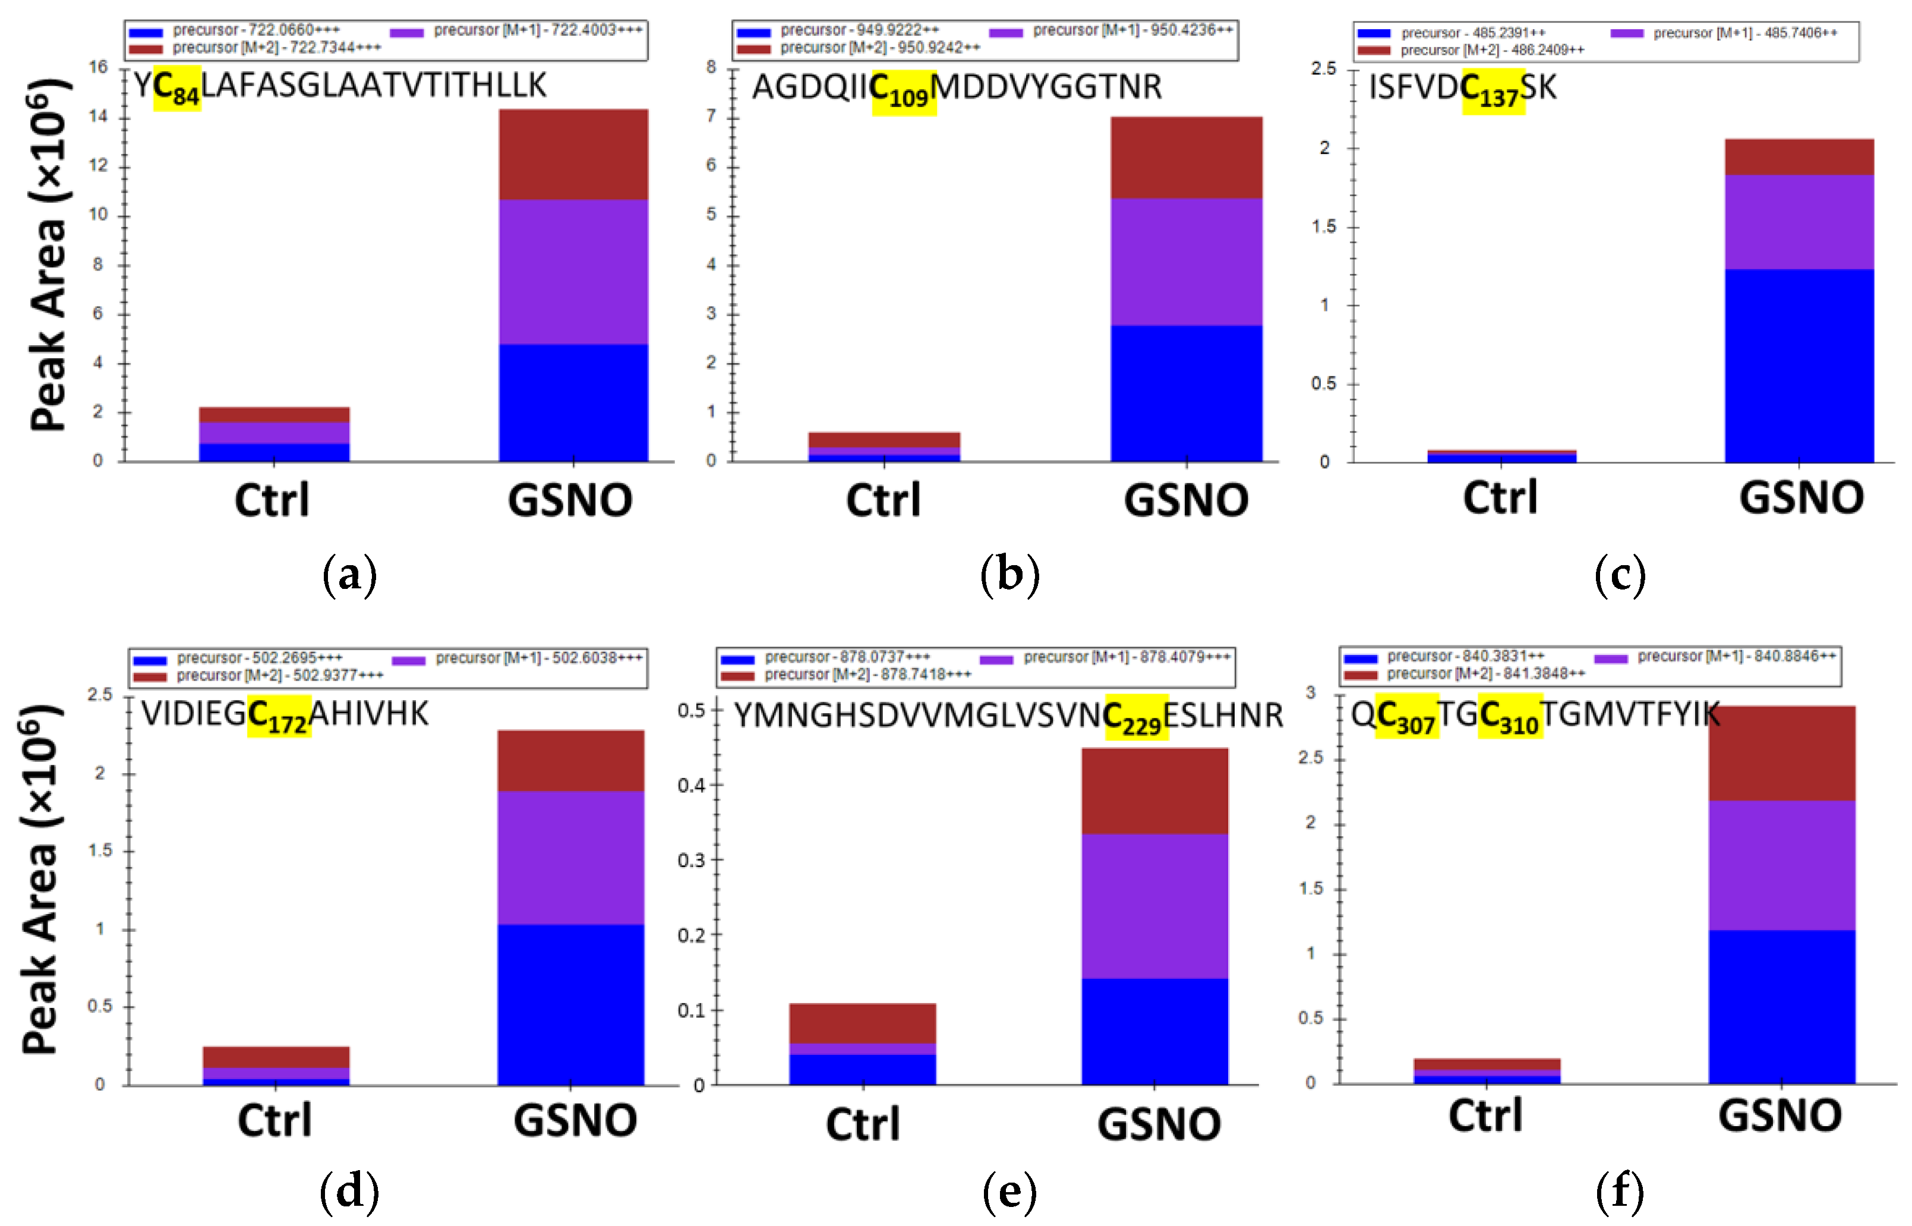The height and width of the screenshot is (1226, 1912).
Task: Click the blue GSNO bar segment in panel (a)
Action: coord(573,402)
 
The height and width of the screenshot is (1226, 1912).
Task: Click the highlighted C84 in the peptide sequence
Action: coord(176,87)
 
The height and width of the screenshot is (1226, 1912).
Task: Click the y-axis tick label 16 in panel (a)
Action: coord(98,68)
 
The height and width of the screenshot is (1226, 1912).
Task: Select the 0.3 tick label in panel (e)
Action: coord(691,861)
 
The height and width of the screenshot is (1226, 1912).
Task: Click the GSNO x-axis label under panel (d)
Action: coord(575,1121)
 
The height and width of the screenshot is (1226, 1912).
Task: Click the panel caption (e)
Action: coord(1009,1192)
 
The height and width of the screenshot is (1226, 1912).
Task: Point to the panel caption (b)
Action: coord(1009,574)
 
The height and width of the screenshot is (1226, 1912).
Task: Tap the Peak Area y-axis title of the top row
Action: coord(48,255)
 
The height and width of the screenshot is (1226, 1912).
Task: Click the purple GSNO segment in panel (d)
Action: coord(571,858)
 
